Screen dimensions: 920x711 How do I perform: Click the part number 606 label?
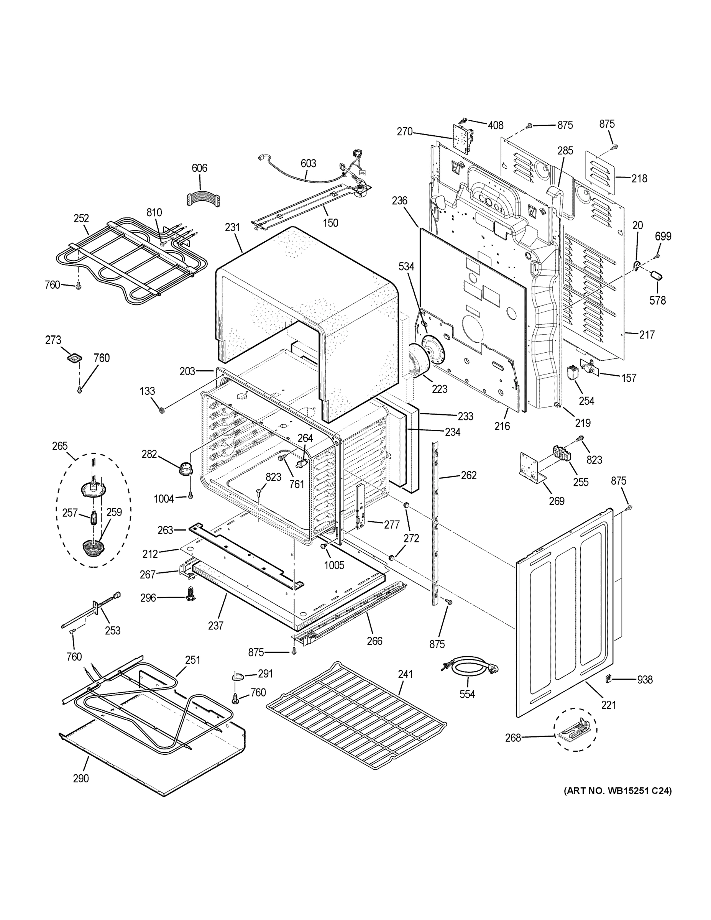199,168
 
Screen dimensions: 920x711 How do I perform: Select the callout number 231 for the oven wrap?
232,227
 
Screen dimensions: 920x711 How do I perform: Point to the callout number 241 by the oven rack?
405,674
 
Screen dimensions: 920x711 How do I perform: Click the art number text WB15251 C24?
617,791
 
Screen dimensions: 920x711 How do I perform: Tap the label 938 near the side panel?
644,680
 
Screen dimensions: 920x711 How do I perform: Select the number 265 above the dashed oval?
60,446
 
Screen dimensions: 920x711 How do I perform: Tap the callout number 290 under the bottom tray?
80,779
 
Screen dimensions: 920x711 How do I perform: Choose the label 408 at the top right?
495,125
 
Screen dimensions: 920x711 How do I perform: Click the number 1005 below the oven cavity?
334,565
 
